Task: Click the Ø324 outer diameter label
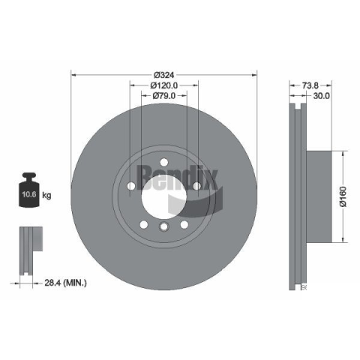164,75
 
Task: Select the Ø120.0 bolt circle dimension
164,85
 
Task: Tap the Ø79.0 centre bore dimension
164,95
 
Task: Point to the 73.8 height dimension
310,85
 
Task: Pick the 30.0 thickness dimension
322,96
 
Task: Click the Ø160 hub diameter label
343,196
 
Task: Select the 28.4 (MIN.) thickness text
66,283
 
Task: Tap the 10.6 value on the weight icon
29,194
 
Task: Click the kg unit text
46,195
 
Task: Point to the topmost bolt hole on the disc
164,162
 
